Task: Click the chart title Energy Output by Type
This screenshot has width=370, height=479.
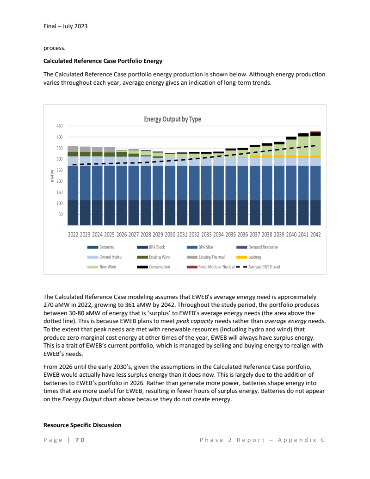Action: pos(173,119)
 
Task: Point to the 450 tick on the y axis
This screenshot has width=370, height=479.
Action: pos(59,126)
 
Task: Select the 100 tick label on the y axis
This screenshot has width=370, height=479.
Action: pos(59,204)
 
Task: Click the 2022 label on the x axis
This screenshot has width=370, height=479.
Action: pos(73,235)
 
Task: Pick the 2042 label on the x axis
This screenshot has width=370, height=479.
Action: pos(315,235)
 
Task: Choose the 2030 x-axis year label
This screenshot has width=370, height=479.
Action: pos(170,235)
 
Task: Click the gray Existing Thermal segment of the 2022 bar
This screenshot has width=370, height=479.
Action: pos(73,149)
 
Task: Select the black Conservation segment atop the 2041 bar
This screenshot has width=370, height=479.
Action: pos(303,135)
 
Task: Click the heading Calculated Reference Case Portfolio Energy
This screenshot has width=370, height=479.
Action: pos(103,61)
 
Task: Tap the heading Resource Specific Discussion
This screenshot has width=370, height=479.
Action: pos(82,425)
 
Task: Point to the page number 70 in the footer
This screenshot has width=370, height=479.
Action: pos(80,440)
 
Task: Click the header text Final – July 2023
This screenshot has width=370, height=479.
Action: pos(65,26)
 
